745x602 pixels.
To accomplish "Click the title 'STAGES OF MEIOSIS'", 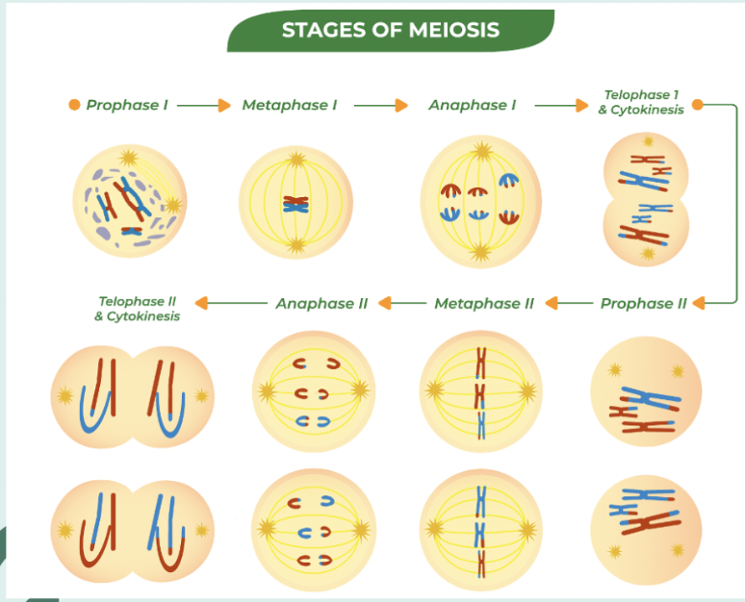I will coord(390,30).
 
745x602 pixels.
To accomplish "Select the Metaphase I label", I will coord(289,105).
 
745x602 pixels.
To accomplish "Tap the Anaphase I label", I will coord(473,105).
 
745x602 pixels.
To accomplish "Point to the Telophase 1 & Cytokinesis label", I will coord(641,102).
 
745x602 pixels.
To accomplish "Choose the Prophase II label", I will coord(643,303).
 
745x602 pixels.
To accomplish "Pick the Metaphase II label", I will coord(483,303).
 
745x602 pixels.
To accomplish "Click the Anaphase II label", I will coord(321,303).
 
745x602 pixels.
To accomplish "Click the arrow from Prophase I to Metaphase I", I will coord(204,105).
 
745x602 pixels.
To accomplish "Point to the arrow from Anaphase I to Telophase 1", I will coord(559,105).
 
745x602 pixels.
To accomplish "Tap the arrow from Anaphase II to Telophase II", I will coord(231,303).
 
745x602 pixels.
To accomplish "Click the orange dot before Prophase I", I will coord(74,105).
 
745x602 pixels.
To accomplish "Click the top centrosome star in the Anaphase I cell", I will coord(480,150).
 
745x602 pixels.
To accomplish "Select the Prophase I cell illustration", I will coord(128,201).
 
